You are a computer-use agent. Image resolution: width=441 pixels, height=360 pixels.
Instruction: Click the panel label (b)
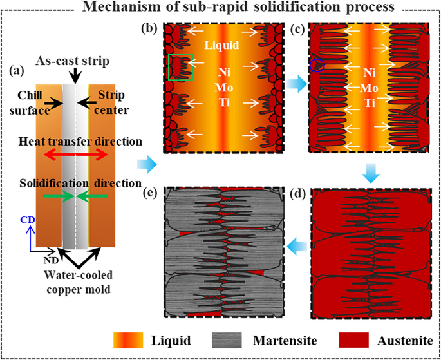151,28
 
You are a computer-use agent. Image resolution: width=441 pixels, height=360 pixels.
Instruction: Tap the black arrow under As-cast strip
76,75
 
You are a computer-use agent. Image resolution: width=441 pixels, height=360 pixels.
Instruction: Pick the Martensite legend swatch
247,339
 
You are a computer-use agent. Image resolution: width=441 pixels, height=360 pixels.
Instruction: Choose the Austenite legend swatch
353,339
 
